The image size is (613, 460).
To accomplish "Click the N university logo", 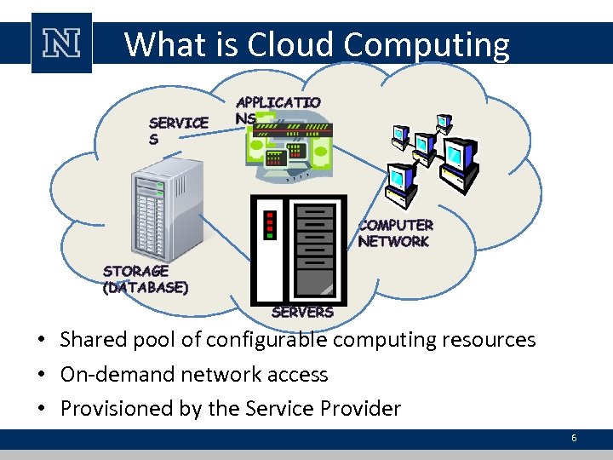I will pos(61,43).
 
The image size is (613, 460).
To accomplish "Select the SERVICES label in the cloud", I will pos(178,129).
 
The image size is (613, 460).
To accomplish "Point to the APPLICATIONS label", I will pos(278,110).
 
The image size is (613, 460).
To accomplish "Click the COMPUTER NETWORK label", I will pos(395,233).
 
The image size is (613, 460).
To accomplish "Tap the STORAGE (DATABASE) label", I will pos(145,279).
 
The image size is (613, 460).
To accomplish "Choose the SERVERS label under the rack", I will pos(302,313).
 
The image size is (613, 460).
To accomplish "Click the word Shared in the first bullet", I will pos(89,340).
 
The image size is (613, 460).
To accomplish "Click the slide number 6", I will pos(574,438).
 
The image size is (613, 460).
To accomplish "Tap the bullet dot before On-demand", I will pos(41,375).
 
